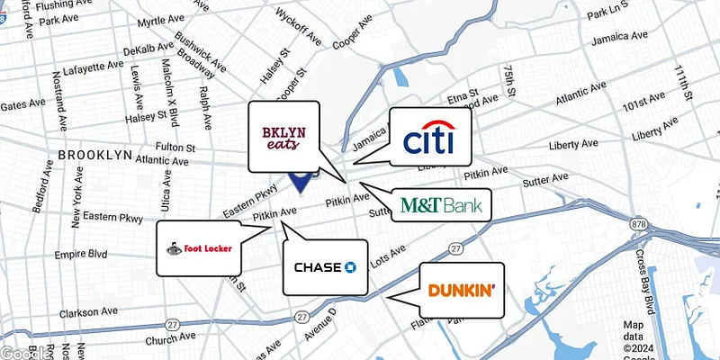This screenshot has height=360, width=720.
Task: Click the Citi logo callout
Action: [x=427, y=136]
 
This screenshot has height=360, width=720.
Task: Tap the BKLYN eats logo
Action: [x=283, y=137]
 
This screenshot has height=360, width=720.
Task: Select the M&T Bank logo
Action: [x=441, y=205]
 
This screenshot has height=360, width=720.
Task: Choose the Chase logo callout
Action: [x=326, y=267]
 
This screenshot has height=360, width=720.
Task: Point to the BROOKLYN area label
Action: [x=95, y=156]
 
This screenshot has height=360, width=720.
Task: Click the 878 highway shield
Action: [x=638, y=223]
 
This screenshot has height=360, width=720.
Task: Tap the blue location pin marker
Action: [x=301, y=183]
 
